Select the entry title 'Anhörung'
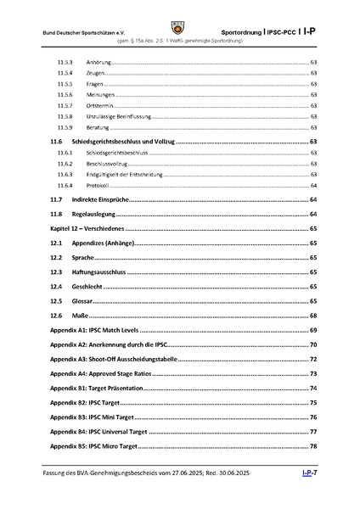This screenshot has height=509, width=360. [x=100, y=62]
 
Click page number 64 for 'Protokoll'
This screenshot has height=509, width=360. [x=313, y=185]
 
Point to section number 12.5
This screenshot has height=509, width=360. [x=56, y=300]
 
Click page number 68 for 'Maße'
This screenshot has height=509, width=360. [x=313, y=315]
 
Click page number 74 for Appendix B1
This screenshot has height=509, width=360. [x=313, y=388]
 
